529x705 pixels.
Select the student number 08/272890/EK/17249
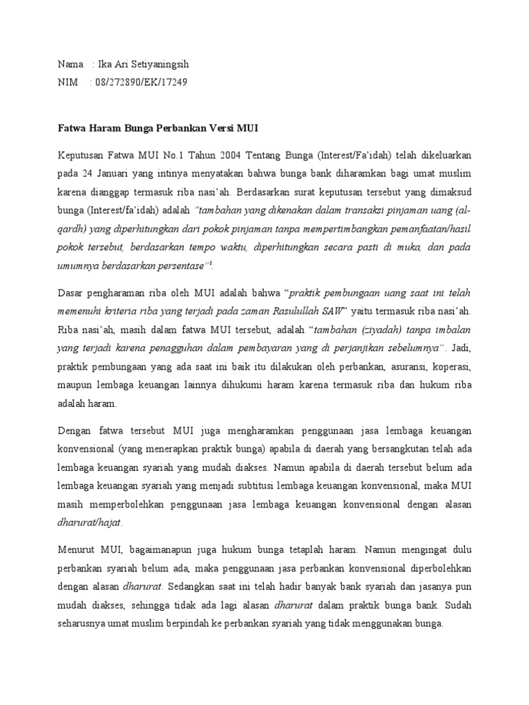pos(138,83)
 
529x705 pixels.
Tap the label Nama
pos(70,65)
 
